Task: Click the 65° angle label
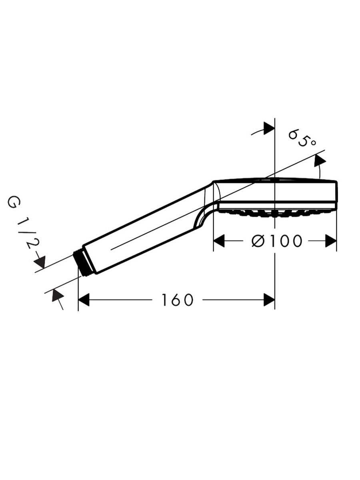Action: pos(302,138)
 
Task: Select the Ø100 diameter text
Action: pos(277,241)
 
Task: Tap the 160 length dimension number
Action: pos(178,300)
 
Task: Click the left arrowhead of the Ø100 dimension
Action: pos(219,241)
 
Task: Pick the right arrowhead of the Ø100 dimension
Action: pos(331,241)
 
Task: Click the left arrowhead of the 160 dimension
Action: pos(84,300)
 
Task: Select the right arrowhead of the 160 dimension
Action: pos(269,300)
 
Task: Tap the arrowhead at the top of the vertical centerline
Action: pos(269,128)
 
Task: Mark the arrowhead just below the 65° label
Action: pos(320,161)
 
